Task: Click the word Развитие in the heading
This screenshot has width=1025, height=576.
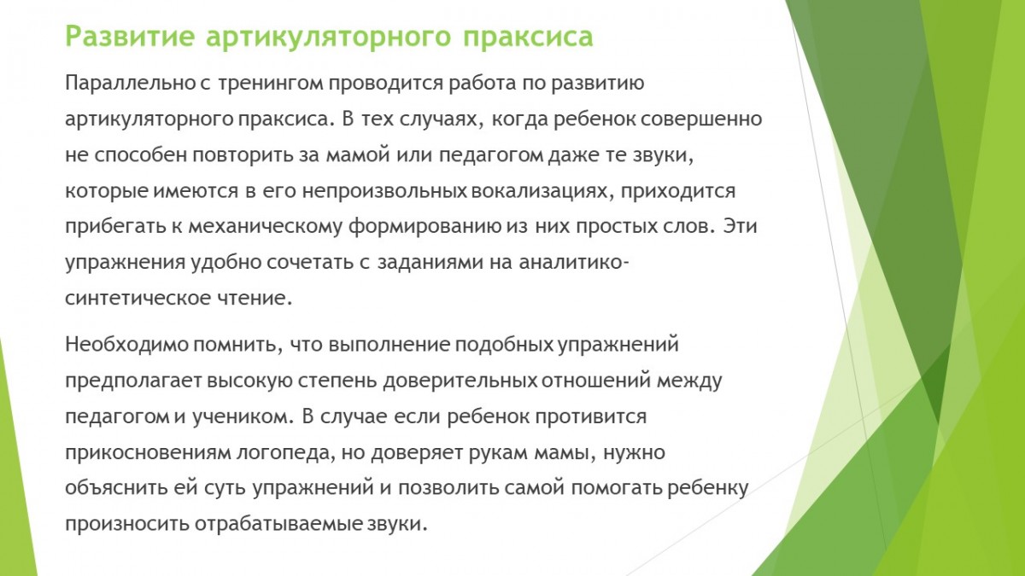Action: tap(130, 37)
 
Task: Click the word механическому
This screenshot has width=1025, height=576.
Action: tap(265, 228)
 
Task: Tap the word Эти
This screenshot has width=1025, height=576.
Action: tap(740, 227)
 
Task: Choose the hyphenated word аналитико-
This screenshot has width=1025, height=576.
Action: tap(574, 263)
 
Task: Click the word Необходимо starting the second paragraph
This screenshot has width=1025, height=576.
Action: tap(126, 345)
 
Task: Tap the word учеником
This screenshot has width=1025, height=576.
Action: tap(243, 417)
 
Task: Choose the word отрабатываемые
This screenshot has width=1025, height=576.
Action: tap(278, 524)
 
